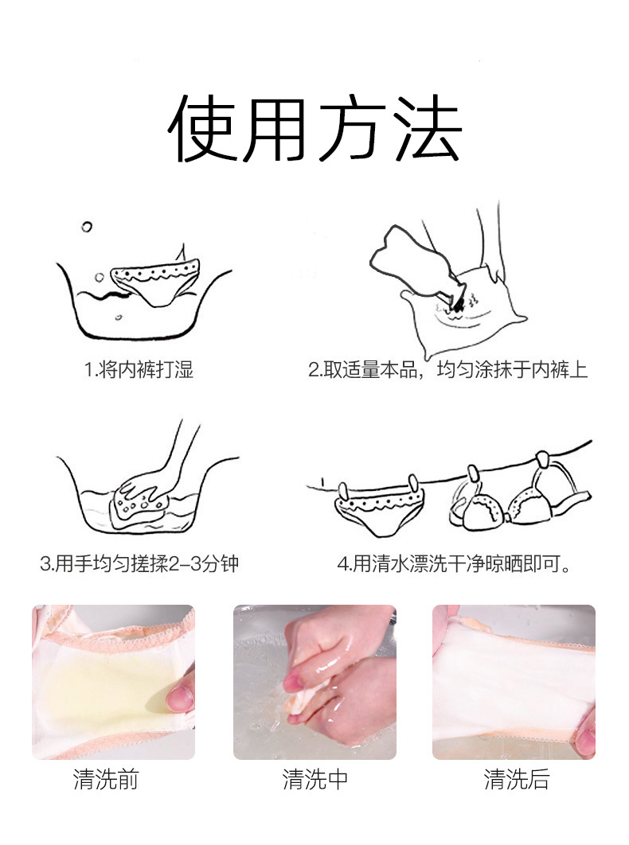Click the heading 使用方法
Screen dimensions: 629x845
click(x=314, y=128)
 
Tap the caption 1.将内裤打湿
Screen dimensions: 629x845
click(x=139, y=370)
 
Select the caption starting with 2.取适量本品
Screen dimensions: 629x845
click(x=447, y=370)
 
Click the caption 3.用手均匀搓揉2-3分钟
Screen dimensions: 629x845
click(x=139, y=563)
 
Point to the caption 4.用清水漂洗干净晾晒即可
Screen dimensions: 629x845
click(x=454, y=563)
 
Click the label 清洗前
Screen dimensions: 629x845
click(x=106, y=779)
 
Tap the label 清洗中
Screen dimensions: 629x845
click(x=315, y=779)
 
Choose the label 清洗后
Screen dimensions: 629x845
click(x=516, y=779)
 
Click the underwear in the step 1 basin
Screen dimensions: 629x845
click(x=155, y=282)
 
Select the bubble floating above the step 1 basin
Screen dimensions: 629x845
click(x=86, y=227)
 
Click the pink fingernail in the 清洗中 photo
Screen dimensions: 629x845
click(x=294, y=682)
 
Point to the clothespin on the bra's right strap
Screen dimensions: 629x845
click(x=543, y=461)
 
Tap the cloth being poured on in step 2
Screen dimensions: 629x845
click(x=464, y=313)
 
